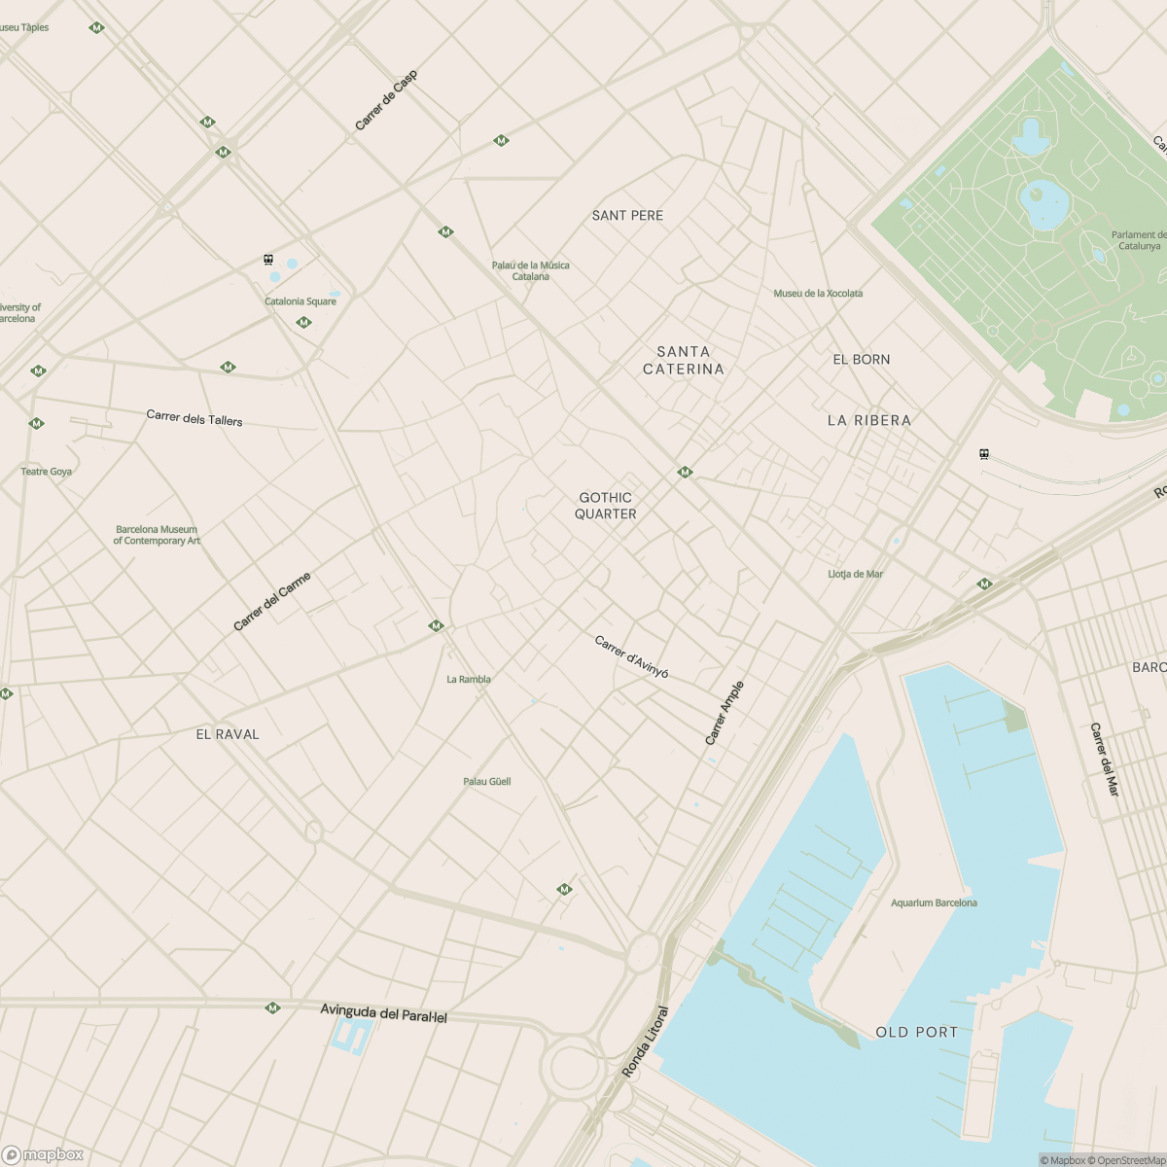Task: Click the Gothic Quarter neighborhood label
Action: (605, 506)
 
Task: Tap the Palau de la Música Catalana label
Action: (530, 270)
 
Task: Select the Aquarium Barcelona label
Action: (934, 902)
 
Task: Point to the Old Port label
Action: (916, 1032)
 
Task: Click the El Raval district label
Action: (228, 734)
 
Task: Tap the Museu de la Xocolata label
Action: (818, 293)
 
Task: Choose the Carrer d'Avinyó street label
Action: (631, 656)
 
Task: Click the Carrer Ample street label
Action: (724, 713)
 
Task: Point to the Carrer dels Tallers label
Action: (194, 418)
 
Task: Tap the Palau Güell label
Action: (486, 781)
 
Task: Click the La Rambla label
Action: (468, 679)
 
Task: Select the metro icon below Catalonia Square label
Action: (303, 322)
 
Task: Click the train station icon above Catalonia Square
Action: (268, 260)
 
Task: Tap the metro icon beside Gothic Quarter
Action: (685, 472)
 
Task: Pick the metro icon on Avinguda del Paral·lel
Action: (272, 1008)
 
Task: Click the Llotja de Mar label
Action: (855, 574)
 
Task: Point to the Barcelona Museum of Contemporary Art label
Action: (157, 535)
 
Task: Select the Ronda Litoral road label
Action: (646, 1041)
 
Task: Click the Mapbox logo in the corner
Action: (43, 1154)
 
